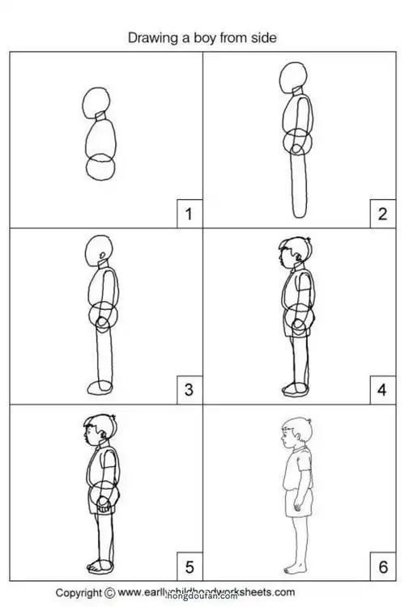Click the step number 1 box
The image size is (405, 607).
(188, 214)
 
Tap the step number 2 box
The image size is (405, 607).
(382, 214)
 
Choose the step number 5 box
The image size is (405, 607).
(188, 564)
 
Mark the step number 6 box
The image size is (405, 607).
(382, 564)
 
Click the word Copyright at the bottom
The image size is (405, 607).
(78, 592)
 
